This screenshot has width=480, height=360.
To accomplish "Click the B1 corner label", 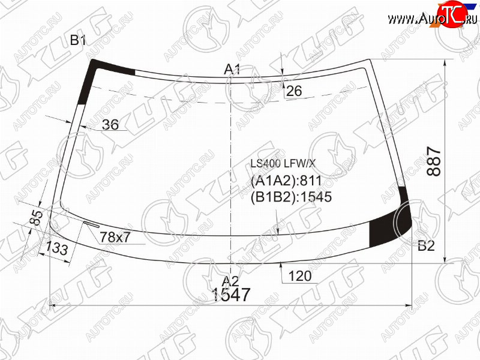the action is click(78, 40).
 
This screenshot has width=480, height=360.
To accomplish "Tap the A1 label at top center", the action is click(232, 70).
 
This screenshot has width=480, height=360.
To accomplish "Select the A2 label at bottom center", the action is click(230, 281).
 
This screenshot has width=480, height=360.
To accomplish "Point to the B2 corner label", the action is click(426, 245).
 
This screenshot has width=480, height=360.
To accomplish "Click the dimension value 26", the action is click(294, 91).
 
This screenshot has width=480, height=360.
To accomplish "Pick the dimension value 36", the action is click(110, 125).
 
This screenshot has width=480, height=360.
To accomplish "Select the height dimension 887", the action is click(434, 161).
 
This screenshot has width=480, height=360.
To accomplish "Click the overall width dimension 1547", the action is click(231, 295).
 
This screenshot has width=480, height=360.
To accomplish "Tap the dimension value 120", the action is click(300, 276).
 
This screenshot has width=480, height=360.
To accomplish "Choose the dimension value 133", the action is click(57, 248).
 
